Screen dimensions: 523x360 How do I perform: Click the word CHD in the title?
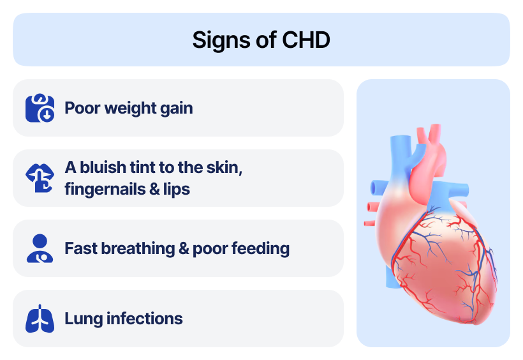pyautogui.click(x=306, y=40)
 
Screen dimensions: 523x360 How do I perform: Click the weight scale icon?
pyautogui.click(x=40, y=108)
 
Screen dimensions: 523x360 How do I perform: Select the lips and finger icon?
pyautogui.click(x=40, y=178)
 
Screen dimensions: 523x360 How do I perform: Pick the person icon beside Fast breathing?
pyautogui.click(x=40, y=248)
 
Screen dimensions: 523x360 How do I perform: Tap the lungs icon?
pyautogui.click(x=40, y=319)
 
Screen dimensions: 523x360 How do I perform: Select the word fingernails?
pyautogui.click(x=105, y=190)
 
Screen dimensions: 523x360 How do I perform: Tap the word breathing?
pyautogui.click(x=138, y=249)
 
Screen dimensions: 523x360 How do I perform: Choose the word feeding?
pyautogui.click(x=260, y=249)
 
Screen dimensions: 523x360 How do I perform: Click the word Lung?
pyautogui.click(x=84, y=319)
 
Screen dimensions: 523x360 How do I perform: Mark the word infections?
pyautogui.click(x=144, y=319)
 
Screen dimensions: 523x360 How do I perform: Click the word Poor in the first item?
pyautogui.click(x=82, y=109)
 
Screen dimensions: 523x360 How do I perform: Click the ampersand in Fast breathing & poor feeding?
pyautogui.click(x=184, y=249)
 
